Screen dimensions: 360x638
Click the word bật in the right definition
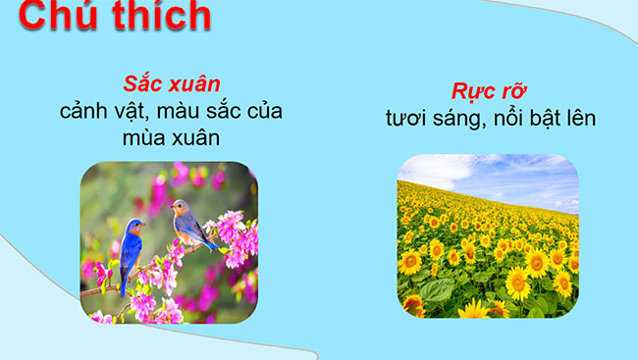coord(566,119)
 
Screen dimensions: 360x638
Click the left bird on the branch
coord(132,251)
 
